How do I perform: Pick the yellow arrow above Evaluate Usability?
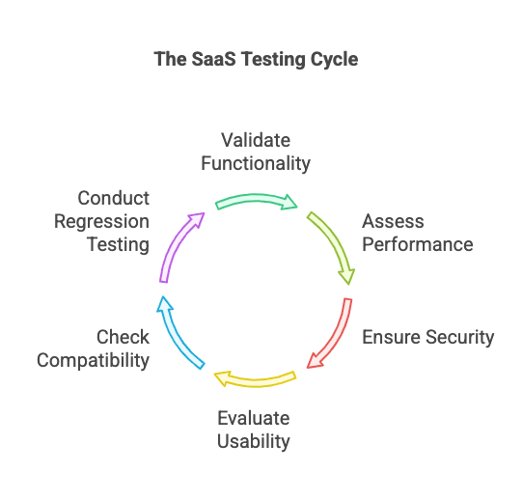[x=256, y=377]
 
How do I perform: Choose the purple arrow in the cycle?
[x=179, y=245]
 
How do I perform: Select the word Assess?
[x=393, y=221]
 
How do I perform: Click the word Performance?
[x=417, y=243]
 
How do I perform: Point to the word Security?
[x=456, y=337]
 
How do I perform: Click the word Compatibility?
[x=94, y=360]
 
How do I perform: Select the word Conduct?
[x=113, y=198]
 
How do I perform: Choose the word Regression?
[x=102, y=221]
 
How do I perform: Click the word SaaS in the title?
[x=210, y=59]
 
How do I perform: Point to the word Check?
[x=123, y=337]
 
